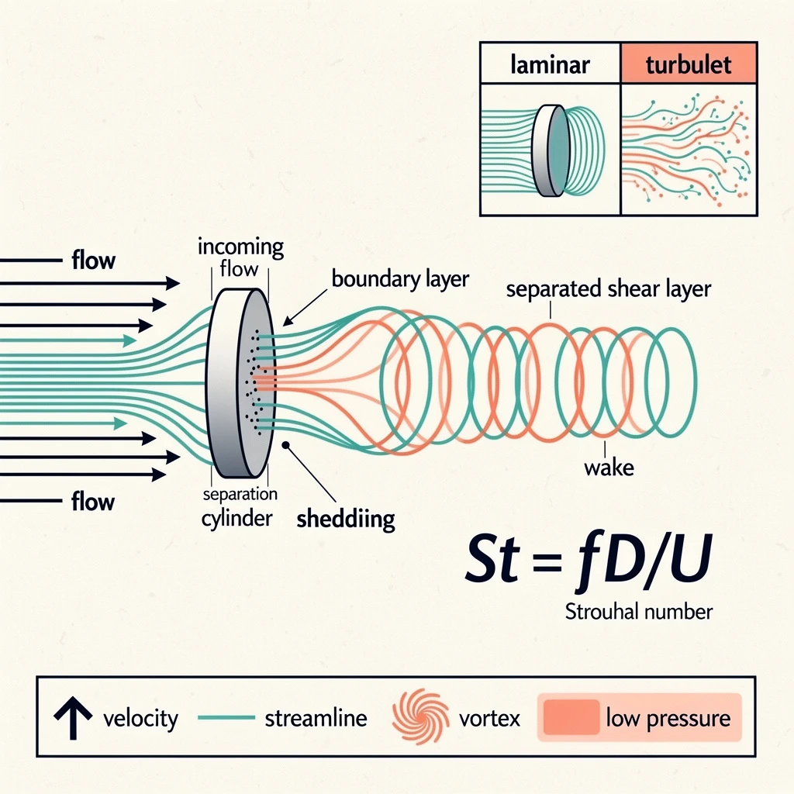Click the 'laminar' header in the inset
click(x=550, y=64)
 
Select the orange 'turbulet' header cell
click(x=688, y=64)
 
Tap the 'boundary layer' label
click(x=399, y=278)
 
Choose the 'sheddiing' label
click(x=346, y=518)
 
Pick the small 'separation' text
click(x=239, y=494)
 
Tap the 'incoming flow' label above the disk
click(x=240, y=258)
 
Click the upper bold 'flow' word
click(x=93, y=260)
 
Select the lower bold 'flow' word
click(x=93, y=501)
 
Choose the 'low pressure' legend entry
click(x=640, y=717)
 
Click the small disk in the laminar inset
click(x=552, y=150)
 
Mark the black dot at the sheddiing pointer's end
click(x=286, y=445)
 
